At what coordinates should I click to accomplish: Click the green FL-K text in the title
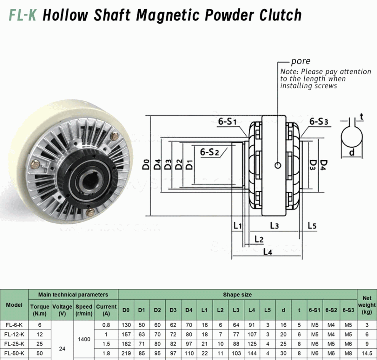[x=22, y=15]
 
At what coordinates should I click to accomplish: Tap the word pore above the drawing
[x=300, y=61]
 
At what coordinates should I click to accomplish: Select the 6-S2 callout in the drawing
[x=210, y=152]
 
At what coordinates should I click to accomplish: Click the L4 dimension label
[x=267, y=252]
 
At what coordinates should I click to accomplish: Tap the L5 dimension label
[x=312, y=226]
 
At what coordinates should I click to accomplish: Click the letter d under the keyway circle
[x=352, y=153]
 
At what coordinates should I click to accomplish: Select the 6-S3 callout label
[x=318, y=122]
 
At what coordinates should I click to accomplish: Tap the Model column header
[x=14, y=305]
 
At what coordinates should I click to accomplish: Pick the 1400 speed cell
[x=84, y=339]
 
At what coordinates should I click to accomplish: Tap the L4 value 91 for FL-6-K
[x=252, y=325]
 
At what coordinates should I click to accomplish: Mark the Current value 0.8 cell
[x=106, y=325]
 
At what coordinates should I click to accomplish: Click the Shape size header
[x=237, y=295]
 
